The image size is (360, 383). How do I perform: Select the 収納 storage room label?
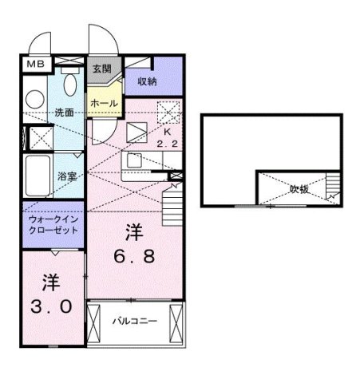(146, 81)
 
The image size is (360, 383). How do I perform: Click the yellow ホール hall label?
(104, 104)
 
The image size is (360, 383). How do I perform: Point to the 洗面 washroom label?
(64, 113)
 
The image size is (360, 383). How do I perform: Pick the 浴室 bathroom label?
(65, 176)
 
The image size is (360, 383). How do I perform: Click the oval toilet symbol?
(68, 85)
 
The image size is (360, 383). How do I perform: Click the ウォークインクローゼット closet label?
(53, 223)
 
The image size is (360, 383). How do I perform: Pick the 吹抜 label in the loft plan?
(299, 190)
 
